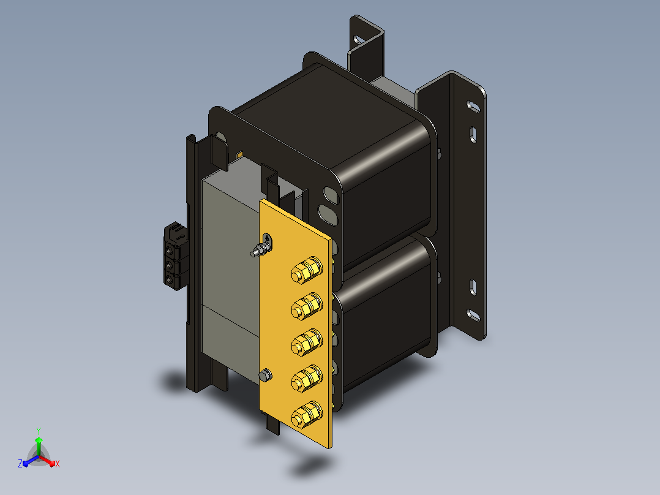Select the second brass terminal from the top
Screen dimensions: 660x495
pyautogui.click(x=307, y=306)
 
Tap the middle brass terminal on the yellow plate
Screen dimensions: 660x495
pyautogui.click(x=307, y=342)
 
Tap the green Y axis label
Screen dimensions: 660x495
pyautogui.click(x=39, y=431)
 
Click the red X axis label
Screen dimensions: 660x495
pyautogui.click(x=58, y=464)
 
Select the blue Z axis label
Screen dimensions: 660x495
pyautogui.click(x=20, y=464)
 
